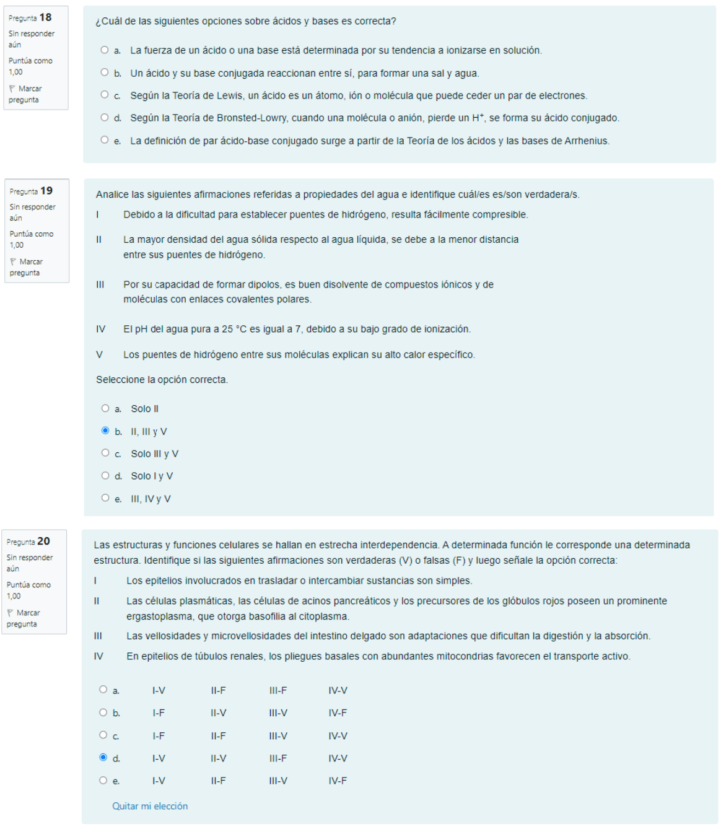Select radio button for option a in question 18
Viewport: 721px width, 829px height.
coord(104,50)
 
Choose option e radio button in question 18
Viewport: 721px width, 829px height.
coord(104,140)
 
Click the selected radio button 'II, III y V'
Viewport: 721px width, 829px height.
coord(105,431)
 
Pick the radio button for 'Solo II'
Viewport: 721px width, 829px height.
coord(105,408)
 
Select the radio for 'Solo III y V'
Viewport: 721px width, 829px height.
coord(105,453)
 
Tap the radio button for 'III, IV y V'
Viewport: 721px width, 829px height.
coord(105,498)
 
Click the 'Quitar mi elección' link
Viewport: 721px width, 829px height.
coord(150,806)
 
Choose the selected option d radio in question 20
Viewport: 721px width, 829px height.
coord(103,757)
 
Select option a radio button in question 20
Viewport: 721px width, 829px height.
coord(103,690)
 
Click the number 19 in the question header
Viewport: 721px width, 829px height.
coord(46,191)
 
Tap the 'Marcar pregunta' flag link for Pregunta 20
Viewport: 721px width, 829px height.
coord(24,618)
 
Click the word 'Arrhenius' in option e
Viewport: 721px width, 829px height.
coord(587,141)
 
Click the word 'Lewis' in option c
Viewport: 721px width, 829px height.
coord(229,96)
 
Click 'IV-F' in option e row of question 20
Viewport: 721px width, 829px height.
coord(338,781)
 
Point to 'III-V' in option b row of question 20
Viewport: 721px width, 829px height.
coord(278,713)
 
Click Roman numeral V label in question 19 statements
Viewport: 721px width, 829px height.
coord(99,355)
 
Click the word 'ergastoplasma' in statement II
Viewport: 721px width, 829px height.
coord(155,616)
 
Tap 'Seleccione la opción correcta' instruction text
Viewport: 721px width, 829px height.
coord(162,380)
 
